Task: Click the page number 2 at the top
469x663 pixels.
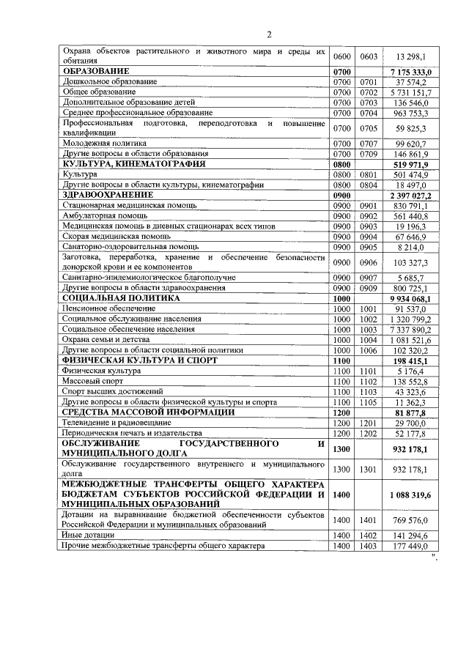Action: pos(269,34)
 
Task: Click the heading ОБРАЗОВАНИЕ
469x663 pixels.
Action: pos(96,71)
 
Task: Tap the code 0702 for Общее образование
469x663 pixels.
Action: pos(369,92)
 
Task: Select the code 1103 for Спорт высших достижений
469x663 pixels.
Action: pos(369,392)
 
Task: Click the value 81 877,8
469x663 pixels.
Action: pos(416,413)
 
